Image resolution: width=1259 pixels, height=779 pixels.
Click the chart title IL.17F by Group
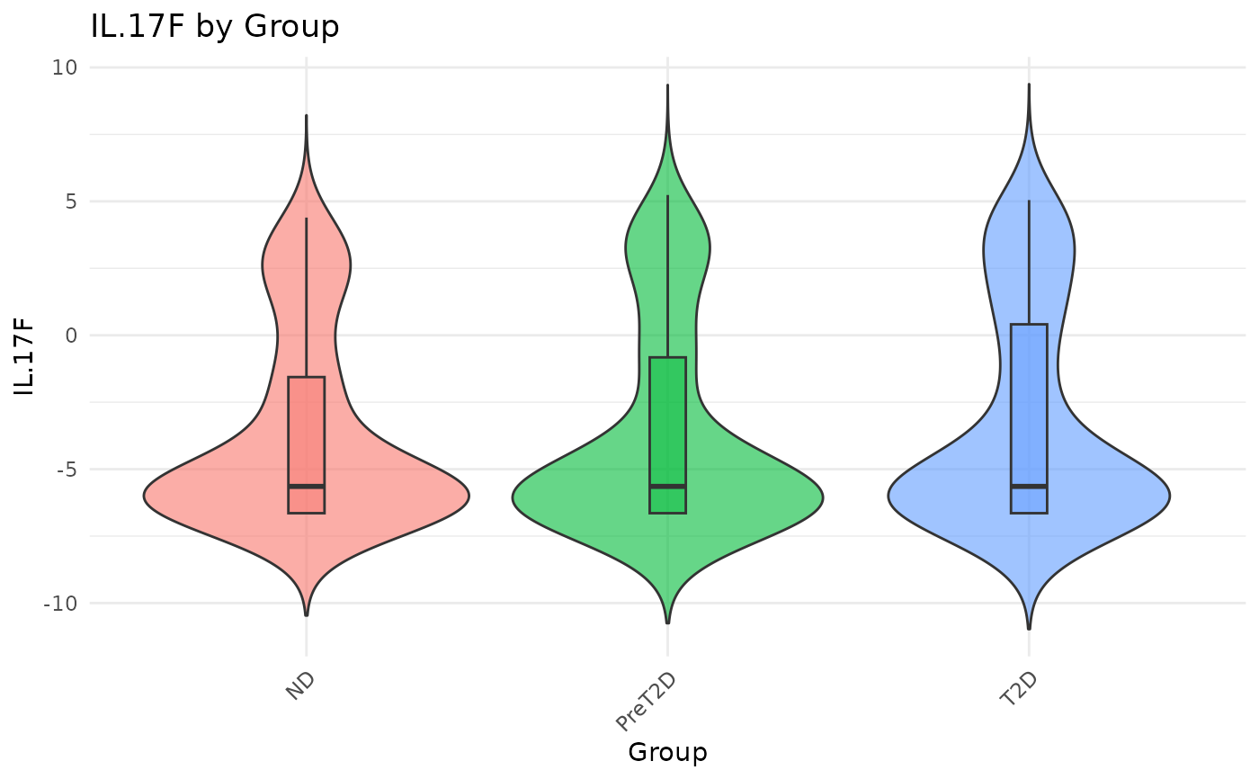pyautogui.click(x=215, y=27)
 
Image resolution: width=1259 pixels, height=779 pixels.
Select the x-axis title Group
pyautogui.click(x=667, y=752)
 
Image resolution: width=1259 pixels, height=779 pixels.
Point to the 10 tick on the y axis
pyautogui.click(x=65, y=67)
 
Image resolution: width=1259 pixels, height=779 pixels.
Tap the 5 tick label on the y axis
pyautogui.click(x=70, y=201)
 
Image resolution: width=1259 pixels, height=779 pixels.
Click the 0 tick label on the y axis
pyautogui.click(x=70, y=336)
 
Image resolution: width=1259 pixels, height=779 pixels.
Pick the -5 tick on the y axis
pyautogui.click(x=65, y=470)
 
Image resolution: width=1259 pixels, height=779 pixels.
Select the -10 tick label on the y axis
pyautogui.click(x=60, y=604)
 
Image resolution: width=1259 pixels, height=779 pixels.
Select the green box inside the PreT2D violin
pyautogui.click(x=667, y=423)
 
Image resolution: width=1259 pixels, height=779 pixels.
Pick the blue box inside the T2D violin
pyautogui.click(x=1029, y=405)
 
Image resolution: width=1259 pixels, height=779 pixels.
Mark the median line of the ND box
pyautogui.click(x=307, y=486)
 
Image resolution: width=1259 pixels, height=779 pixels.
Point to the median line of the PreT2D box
pyautogui.click(x=667, y=486)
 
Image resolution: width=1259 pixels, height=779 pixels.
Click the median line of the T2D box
pyautogui.click(x=1029, y=486)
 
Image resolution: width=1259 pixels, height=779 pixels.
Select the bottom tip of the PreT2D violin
pyautogui.click(x=667, y=622)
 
